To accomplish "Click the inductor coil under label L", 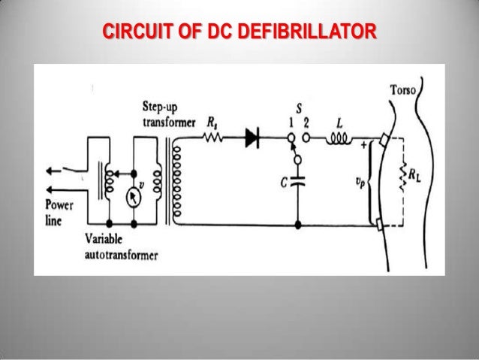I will tap(335, 138).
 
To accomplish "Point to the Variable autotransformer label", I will tap(122, 249).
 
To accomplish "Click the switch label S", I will tap(299, 108).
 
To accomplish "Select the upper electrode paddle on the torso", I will tap(384, 140).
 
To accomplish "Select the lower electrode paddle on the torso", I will tap(382, 222).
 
